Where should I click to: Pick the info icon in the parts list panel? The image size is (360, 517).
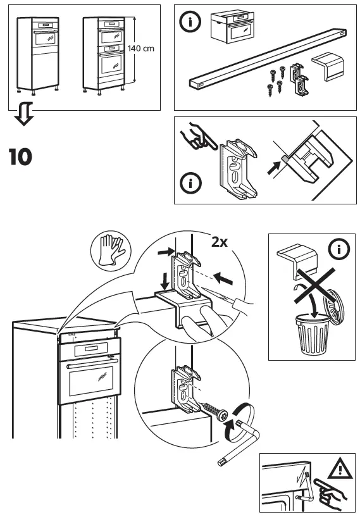190,22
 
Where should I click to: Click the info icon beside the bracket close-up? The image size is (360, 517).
190,184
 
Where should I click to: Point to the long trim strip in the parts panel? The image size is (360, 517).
266,57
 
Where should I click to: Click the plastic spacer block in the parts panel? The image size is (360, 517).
328,66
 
